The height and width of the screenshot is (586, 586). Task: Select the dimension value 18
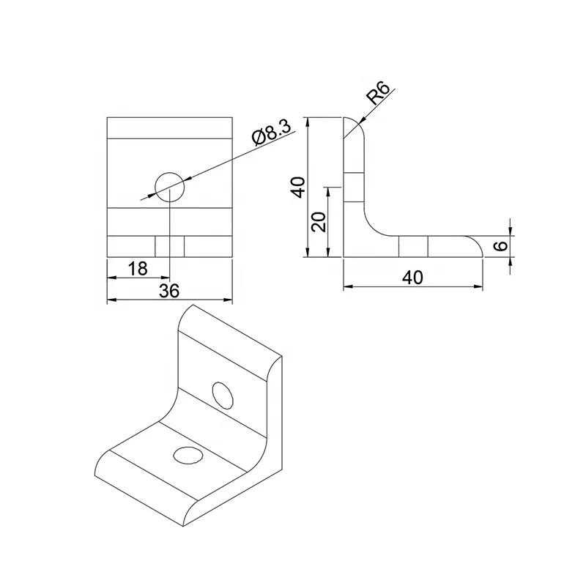(138, 269)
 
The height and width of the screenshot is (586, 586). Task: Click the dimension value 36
(169, 291)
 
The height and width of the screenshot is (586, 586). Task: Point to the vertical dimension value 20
(318, 221)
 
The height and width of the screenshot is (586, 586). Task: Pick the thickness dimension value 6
(500, 246)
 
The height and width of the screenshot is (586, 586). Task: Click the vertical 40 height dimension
(297, 187)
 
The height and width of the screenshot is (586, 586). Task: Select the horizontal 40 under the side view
(413, 278)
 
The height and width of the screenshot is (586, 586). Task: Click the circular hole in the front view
(170, 186)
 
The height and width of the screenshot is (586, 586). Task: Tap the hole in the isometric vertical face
(223, 395)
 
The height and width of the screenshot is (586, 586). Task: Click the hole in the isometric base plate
(188, 455)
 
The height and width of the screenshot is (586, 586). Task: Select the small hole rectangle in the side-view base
(413, 247)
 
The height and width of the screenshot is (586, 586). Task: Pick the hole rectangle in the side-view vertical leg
(354, 187)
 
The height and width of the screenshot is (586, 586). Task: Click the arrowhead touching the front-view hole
(155, 193)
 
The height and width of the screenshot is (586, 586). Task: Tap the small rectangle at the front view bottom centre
(169, 247)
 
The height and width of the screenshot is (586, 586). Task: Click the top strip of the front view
(169, 127)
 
